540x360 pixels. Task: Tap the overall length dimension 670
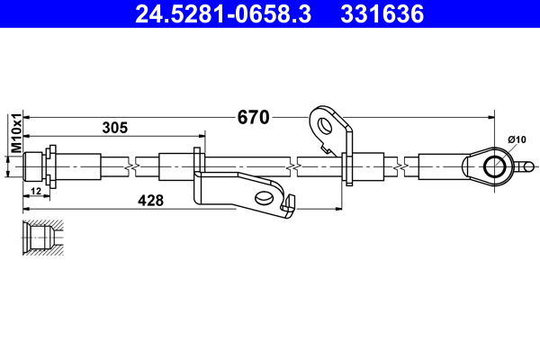[254, 117]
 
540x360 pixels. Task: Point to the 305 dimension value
[114, 128]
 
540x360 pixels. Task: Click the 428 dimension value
[150, 201]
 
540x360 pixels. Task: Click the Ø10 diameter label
[517, 139]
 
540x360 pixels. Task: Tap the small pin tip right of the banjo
[529, 166]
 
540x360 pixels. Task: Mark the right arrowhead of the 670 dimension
[490, 117]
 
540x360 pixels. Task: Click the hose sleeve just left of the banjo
[441, 166]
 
